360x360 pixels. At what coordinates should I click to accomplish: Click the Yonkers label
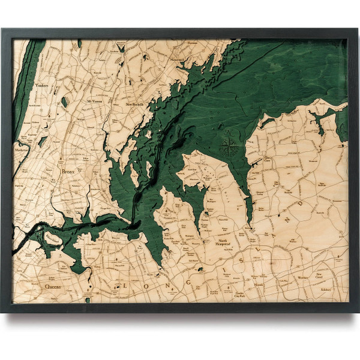(41, 86)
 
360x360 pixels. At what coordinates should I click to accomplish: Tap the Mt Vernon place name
(95, 101)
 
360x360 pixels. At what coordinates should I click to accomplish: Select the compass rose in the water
(228, 146)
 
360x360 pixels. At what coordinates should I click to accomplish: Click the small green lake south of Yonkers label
(64, 103)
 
